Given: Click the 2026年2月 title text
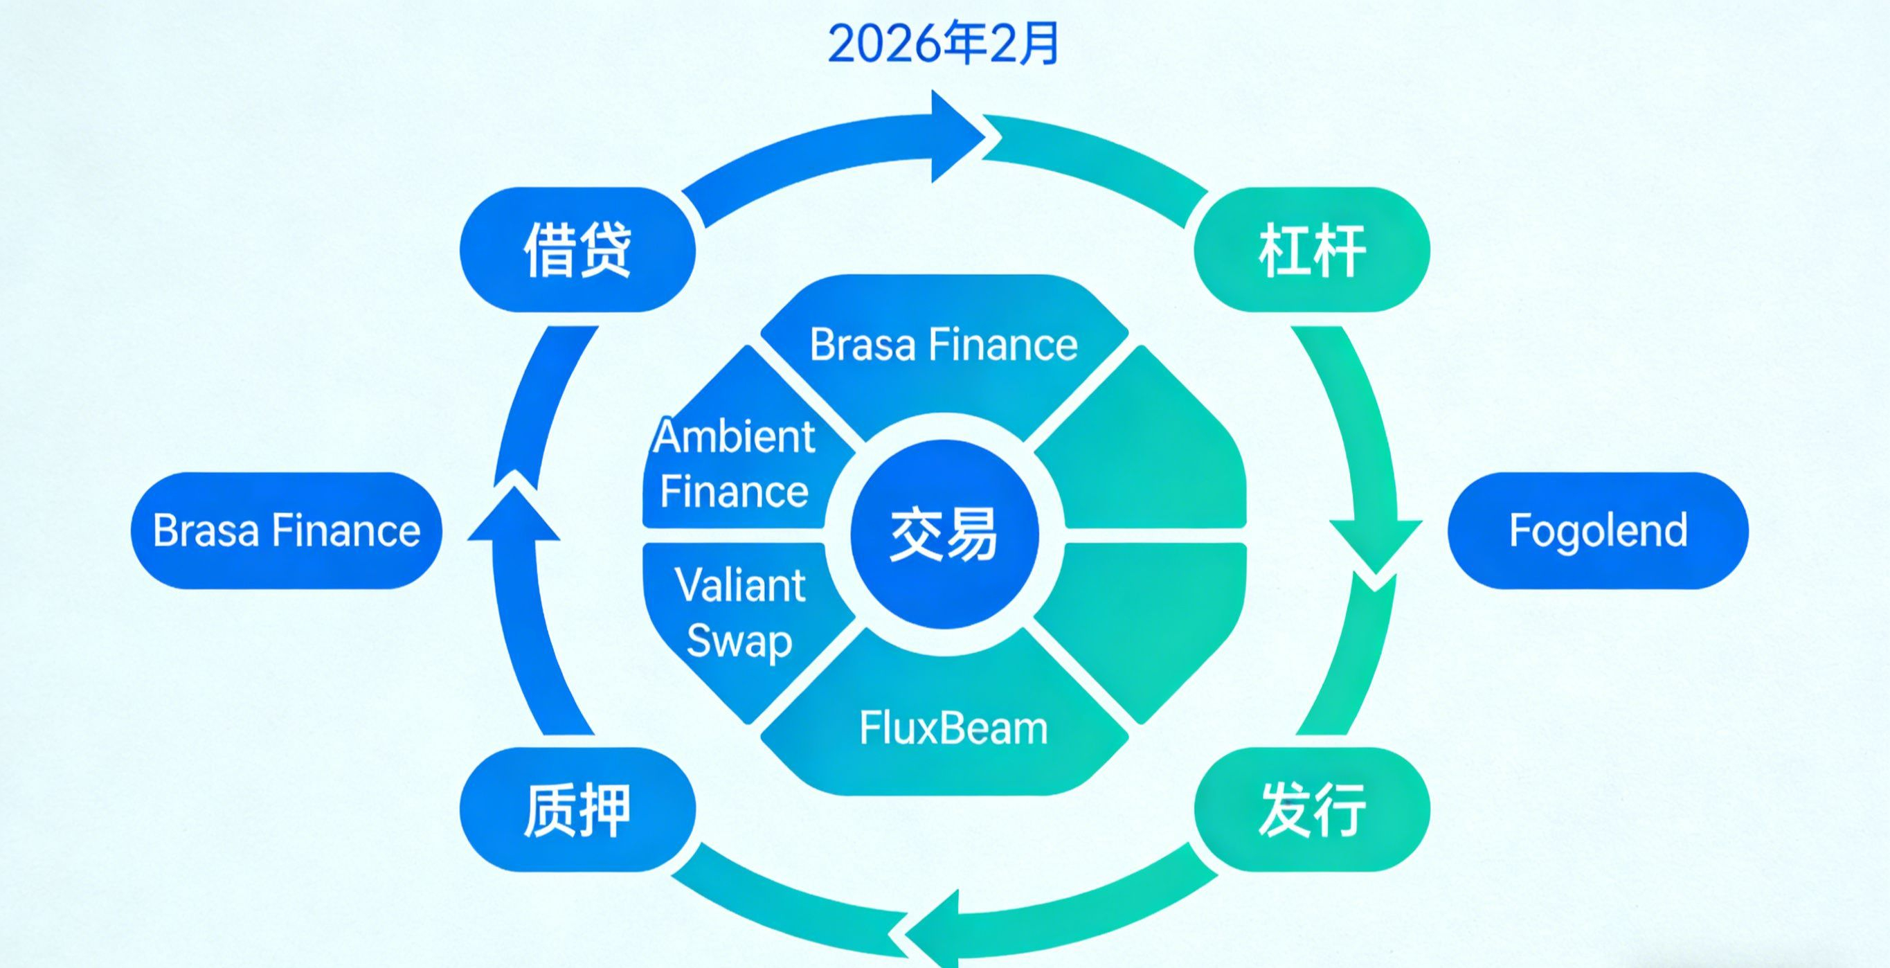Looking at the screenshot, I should (944, 44).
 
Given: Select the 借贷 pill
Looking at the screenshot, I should (577, 249).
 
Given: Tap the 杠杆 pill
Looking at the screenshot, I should (1312, 249).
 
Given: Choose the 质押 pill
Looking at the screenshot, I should (577, 809).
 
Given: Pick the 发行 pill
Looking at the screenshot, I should (1312, 809).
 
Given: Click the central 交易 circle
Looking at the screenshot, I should (944, 534).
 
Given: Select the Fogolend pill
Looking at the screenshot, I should (1597, 530).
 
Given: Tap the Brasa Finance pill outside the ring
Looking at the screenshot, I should (286, 530).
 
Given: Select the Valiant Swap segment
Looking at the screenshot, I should (739, 613).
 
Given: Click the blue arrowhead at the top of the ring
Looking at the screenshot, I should (954, 136).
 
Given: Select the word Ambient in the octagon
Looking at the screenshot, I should (734, 438).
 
